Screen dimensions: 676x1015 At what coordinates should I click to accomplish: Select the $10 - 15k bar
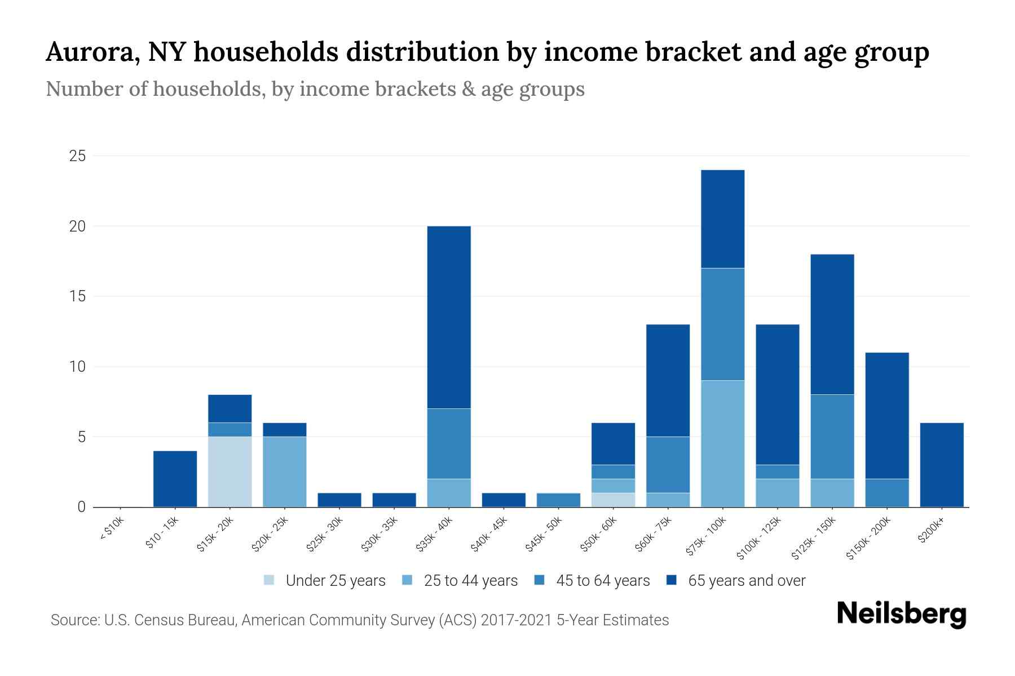(175, 479)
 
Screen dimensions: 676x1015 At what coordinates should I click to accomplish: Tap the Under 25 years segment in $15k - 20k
(230, 472)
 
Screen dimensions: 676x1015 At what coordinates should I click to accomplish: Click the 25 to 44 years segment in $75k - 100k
(722, 443)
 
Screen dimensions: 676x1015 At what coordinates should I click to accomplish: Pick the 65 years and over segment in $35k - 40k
(449, 317)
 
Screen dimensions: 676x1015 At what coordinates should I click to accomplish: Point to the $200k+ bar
(941, 465)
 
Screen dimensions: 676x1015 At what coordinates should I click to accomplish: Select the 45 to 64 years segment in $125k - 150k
(832, 437)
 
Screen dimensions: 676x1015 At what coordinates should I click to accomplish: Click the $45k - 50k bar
(558, 500)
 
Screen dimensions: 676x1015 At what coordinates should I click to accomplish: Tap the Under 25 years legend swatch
(269, 580)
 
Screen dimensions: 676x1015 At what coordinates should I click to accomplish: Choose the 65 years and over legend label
(747, 581)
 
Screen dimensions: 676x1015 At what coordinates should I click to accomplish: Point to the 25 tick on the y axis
(77, 156)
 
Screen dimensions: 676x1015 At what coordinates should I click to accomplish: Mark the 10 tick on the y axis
(77, 367)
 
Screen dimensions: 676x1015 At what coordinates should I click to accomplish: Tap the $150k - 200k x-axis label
(868, 538)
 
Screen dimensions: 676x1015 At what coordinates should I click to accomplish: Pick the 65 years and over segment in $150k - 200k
(886, 415)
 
